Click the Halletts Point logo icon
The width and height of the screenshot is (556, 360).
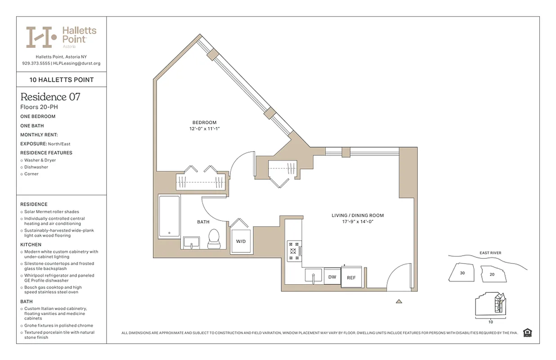click(x=41, y=37)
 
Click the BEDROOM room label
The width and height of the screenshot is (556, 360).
click(x=204, y=122)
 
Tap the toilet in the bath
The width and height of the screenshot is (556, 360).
click(x=214, y=238)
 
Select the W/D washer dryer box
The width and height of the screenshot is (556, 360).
click(x=241, y=241)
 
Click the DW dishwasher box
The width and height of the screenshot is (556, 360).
click(x=332, y=277)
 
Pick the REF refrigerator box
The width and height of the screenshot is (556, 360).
click(x=351, y=278)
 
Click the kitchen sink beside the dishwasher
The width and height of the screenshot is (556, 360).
click(x=314, y=276)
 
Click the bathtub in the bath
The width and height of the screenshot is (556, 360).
click(x=169, y=216)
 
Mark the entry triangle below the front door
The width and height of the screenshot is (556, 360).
click(x=399, y=301)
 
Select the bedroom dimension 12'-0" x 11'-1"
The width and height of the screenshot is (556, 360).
click(x=204, y=129)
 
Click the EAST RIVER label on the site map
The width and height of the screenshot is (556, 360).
click(x=490, y=253)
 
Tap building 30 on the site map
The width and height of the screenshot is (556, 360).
click(x=462, y=273)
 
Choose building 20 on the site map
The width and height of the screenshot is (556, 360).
click(x=492, y=274)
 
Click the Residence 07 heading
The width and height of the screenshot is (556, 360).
click(x=50, y=97)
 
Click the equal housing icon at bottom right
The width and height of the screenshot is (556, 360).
click(x=528, y=333)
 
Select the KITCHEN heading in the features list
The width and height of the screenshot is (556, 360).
click(x=31, y=245)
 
